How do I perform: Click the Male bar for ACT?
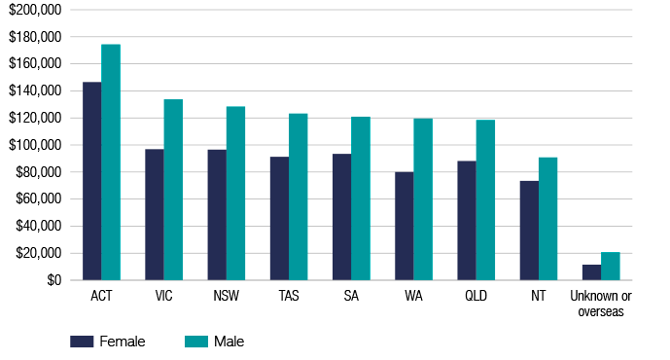[111, 162]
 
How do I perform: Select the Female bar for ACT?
[91, 181]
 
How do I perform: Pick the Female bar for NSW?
[217, 215]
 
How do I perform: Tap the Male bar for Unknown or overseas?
[611, 267]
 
